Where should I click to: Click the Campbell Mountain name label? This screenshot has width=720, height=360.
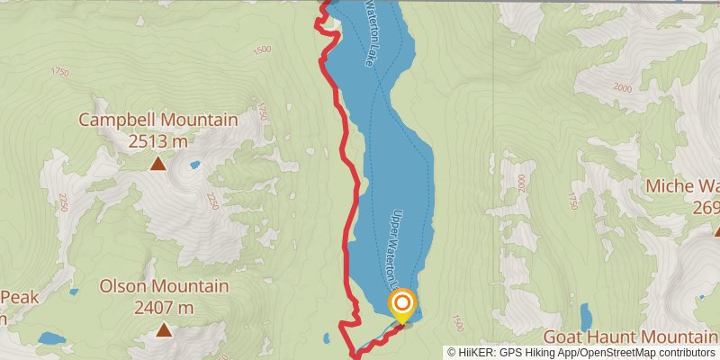[x=157, y=120]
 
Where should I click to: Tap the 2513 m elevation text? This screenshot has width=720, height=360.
[x=157, y=140]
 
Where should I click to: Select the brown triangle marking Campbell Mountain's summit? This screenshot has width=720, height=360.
[x=157, y=164]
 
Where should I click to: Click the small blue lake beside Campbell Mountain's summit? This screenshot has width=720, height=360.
[x=193, y=166]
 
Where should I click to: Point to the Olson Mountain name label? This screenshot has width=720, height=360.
[x=164, y=286]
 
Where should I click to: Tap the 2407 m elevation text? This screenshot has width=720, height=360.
[x=164, y=308]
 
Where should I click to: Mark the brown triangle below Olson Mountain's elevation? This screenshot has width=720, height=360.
[x=164, y=330]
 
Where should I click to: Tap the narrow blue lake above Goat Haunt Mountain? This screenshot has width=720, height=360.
[x=587, y=317]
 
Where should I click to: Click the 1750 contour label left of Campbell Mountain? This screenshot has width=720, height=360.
[x=60, y=72]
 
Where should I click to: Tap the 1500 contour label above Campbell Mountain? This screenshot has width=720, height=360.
[x=262, y=50]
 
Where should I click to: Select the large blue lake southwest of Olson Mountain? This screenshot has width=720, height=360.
[x=51, y=338]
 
